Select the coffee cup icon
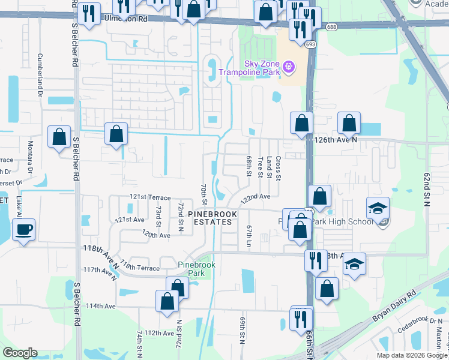point(23,230)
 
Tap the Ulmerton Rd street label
point(126,19)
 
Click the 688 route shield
point(331,27)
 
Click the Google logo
point(20,353)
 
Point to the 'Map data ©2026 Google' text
point(412,355)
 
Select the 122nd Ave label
point(256,196)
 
